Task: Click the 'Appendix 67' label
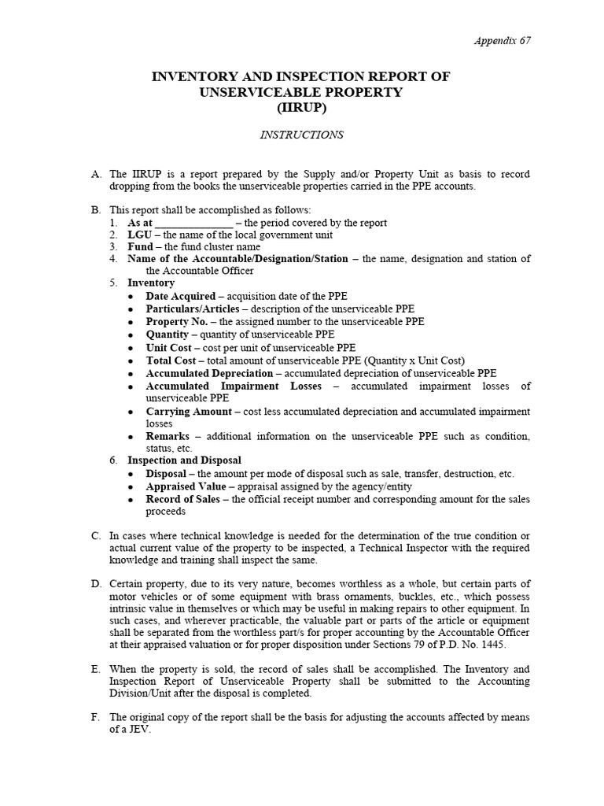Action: pyautogui.click(x=502, y=41)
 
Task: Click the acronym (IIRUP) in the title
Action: pyautogui.click(x=300, y=108)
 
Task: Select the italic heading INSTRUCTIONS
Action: pyautogui.click(x=301, y=135)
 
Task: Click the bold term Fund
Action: pyautogui.click(x=140, y=246)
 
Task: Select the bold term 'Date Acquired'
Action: pyautogui.click(x=180, y=296)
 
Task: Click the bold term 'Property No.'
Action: pyautogui.click(x=177, y=321)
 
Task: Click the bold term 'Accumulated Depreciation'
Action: pyautogui.click(x=209, y=373)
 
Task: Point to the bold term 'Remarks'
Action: pyautogui.click(x=168, y=436)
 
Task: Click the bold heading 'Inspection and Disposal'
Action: pyautogui.click(x=184, y=460)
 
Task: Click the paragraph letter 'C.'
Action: pyautogui.click(x=96, y=535)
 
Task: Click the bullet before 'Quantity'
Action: pyautogui.click(x=130, y=335)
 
